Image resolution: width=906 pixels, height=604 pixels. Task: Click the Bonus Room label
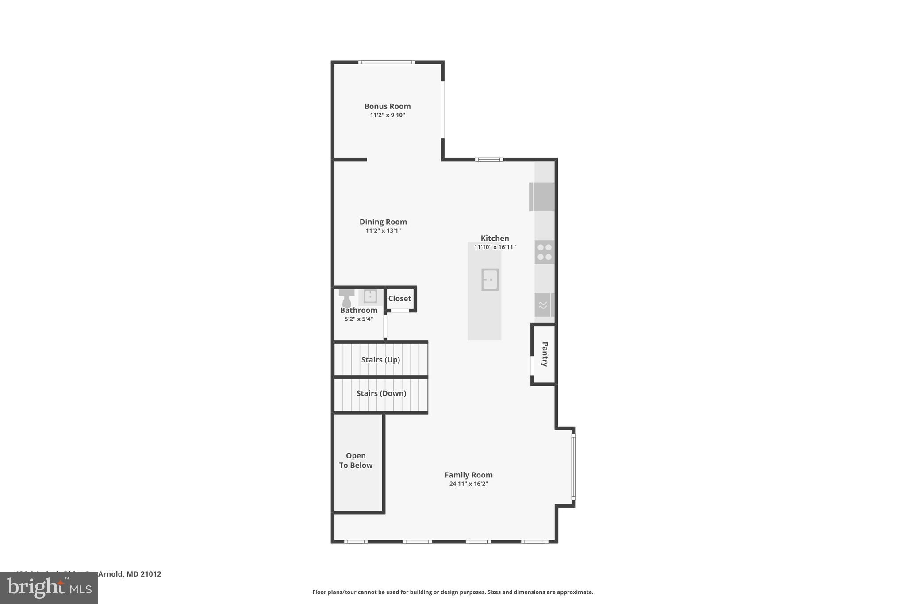(387, 106)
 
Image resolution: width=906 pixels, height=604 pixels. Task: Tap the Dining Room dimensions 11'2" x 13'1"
(383, 231)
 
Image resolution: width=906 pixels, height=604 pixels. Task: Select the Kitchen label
(495, 238)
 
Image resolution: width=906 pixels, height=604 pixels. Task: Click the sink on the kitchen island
(490, 280)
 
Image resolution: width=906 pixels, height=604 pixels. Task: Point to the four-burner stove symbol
(544, 252)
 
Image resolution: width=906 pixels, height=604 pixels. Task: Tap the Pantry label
(545, 354)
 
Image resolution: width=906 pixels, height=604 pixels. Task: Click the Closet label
(399, 299)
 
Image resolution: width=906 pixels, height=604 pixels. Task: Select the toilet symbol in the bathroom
(346, 298)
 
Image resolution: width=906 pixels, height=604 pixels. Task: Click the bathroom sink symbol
(370, 296)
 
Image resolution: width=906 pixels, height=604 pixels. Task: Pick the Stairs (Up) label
(380, 360)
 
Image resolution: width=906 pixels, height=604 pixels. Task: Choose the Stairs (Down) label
(381, 393)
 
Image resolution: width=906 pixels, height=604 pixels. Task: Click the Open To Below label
(356, 460)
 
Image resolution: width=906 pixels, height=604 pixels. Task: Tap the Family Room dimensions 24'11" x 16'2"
(468, 484)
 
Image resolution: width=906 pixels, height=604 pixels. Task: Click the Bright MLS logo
(49, 588)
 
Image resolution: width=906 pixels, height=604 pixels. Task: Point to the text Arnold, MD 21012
(129, 574)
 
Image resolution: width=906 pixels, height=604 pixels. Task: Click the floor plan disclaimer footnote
(453, 592)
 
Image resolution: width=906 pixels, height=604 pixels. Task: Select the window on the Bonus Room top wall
(386, 62)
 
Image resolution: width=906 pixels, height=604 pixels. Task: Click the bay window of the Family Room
(573, 467)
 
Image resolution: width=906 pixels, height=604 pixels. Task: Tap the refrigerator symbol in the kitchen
(542, 196)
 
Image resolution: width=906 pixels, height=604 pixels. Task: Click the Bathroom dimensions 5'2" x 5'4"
(359, 319)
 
